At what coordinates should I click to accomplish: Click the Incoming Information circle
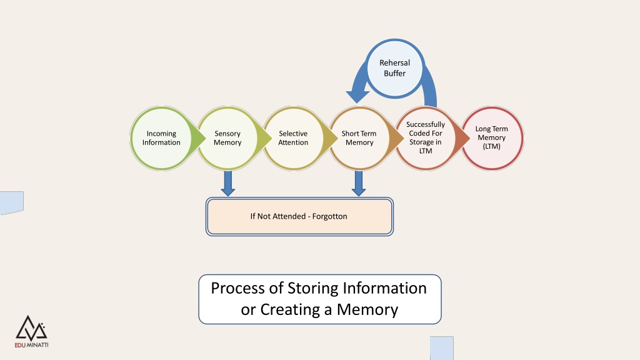162,138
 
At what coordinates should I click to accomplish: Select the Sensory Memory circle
227,138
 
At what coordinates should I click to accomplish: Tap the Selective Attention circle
293,138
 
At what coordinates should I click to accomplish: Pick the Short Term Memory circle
359,138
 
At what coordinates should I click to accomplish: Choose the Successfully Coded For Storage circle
425,138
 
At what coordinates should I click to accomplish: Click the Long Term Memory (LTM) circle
491,138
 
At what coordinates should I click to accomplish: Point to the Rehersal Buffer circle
395,68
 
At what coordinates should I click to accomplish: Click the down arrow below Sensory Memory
227,183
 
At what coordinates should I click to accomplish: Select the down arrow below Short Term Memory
359,183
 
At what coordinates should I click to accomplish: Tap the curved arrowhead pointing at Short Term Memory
357,96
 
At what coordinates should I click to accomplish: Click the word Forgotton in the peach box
330,216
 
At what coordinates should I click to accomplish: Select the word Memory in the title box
367,310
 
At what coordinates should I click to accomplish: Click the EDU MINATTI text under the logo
31,345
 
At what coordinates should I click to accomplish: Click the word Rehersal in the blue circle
395,63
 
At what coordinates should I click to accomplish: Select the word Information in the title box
384,288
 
